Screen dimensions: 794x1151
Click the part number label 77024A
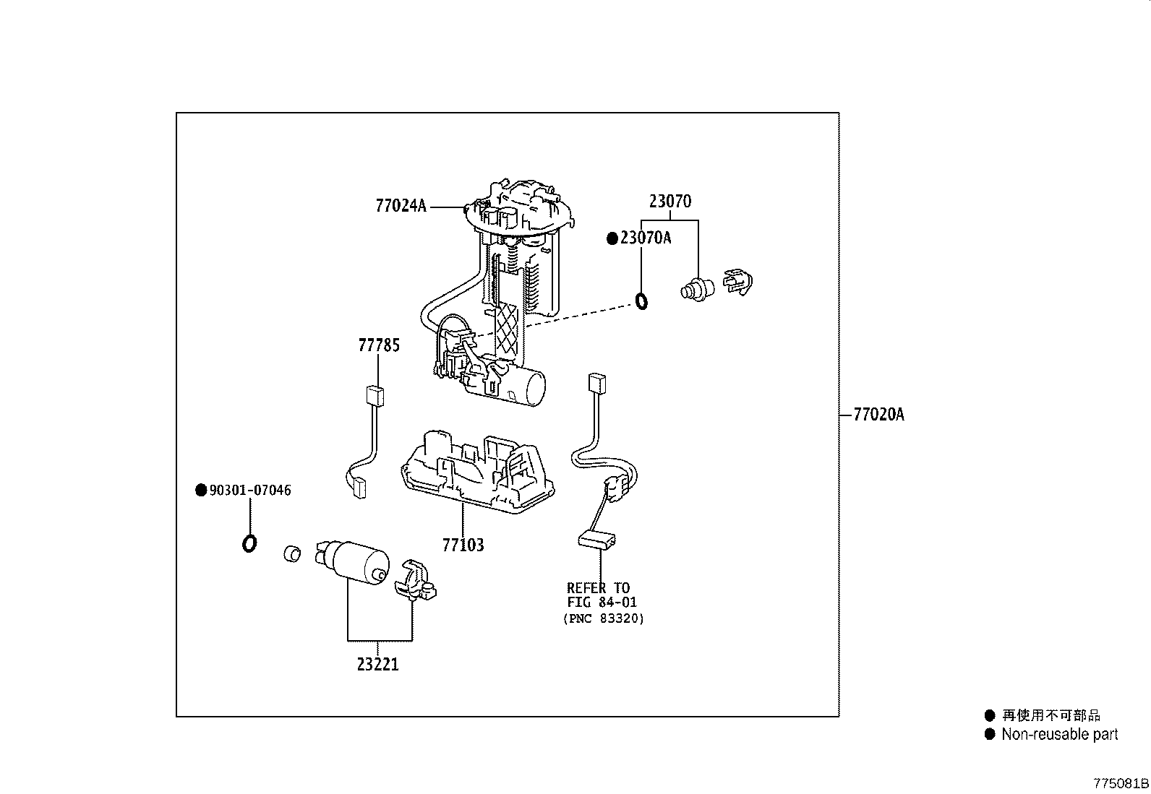click(401, 206)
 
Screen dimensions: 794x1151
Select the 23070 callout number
click(669, 202)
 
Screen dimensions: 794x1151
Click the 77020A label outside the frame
click(878, 415)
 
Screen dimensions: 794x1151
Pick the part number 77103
click(463, 545)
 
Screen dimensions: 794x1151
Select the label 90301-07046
click(249, 491)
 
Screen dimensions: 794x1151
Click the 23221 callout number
click(377, 664)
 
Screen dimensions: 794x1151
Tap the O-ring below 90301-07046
click(249, 543)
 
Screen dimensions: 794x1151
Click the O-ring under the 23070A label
click(641, 300)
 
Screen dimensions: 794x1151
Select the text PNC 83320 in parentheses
click(603, 618)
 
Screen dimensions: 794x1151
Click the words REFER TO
click(598, 588)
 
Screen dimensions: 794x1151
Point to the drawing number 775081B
click(1120, 784)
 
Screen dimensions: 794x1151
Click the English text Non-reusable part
click(1059, 735)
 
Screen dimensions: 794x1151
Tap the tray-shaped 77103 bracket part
click(474, 473)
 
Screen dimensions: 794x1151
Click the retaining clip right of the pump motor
click(416, 581)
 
